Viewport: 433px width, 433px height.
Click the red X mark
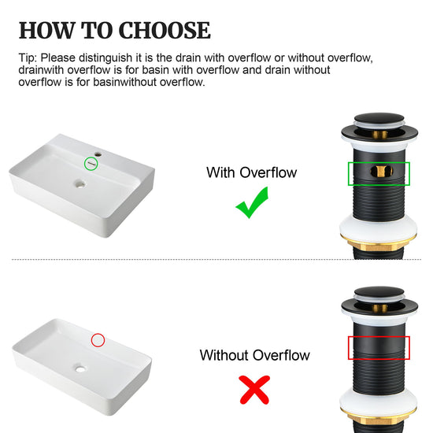tap(254, 390)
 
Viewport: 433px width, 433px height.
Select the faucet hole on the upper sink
tap(98, 154)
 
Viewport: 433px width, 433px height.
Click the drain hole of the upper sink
tap(80, 184)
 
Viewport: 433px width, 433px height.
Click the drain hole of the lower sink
tap(80, 368)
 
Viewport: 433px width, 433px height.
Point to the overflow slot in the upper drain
tap(381, 171)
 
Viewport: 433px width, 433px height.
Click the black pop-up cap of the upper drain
tap(379, 118)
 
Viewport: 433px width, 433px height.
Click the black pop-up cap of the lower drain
tap(379, 291)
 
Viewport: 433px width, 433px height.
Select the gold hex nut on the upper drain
tap(379, 243)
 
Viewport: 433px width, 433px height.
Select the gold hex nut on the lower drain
tap(379, 417)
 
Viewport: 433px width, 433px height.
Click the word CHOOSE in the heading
tap(165, 31)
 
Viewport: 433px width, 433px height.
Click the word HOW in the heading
tap(47, 31)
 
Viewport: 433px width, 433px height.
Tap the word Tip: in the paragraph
tap(28, 58)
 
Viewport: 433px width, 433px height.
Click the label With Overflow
tap(252, 172)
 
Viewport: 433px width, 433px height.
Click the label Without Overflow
tap(254, 355)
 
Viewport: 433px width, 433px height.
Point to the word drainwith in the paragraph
tap(41, 70)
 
